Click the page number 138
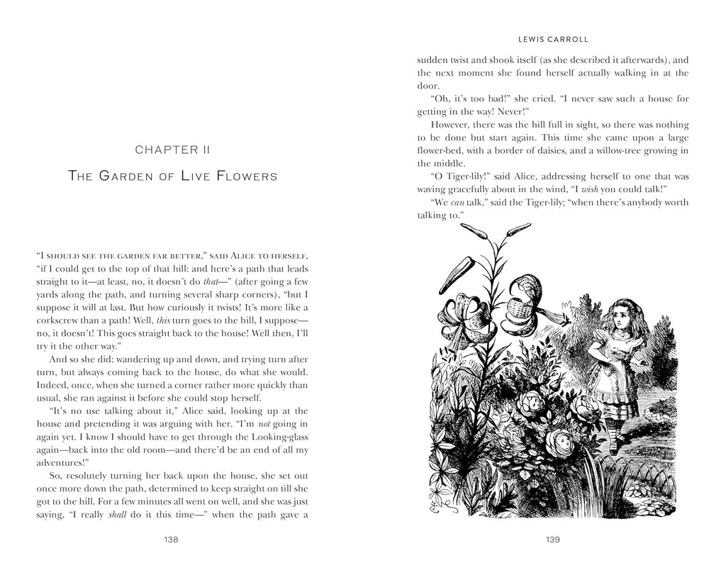coord(171,539)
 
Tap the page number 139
coord(553,539)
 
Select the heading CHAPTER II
coord(171,150)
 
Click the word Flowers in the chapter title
coord(246,176)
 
